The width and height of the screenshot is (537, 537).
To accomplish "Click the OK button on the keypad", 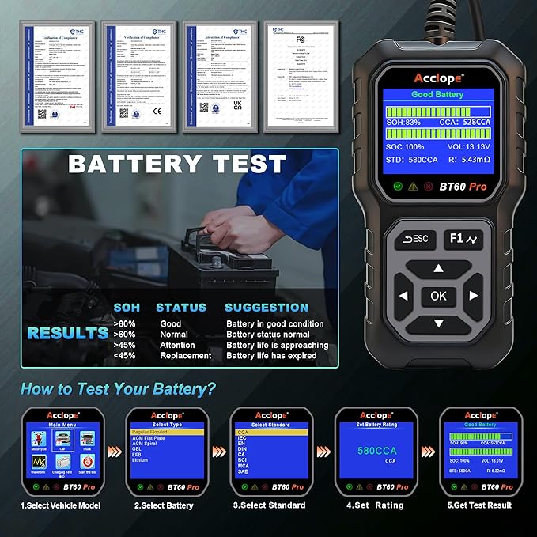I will click(x=438, y=296).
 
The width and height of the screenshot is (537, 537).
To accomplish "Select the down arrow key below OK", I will click(x=438, y=323).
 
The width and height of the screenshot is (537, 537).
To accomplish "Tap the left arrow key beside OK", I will click(x=403, y=297).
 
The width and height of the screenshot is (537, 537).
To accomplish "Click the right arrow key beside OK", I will click(x=474, y=296).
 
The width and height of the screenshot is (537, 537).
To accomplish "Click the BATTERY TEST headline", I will click(x=176, y=164).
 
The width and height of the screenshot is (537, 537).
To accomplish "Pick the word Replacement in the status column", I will click(x=186, y=356).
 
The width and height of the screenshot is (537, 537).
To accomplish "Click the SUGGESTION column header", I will click(x=267, y=307).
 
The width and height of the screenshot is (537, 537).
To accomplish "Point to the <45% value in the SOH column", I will click(x=124, y=356).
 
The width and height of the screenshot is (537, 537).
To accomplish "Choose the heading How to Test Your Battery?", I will click(x=118, y=388).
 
